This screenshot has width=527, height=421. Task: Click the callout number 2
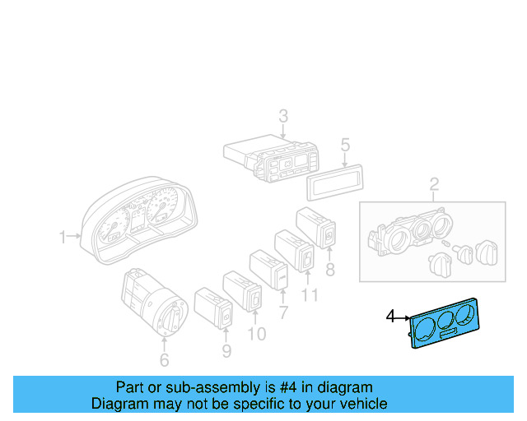coord(434,183)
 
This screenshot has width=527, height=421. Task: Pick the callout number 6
coord(164,360)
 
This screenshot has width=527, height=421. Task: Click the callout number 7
coord(283,312)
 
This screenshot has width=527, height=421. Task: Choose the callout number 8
coord(329,268)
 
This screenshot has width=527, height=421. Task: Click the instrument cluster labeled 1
coord(140,222)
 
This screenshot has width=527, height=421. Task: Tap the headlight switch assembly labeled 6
coord(155,303)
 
